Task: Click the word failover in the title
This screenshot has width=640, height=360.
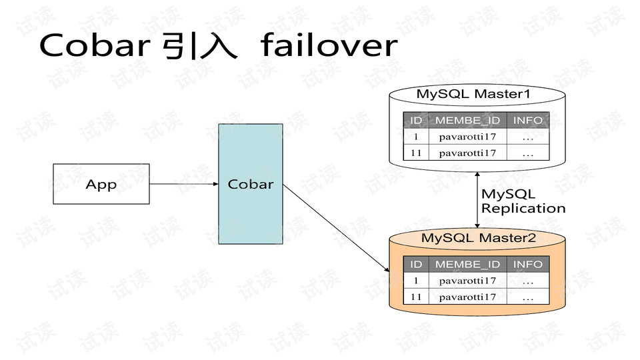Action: pos(329,45)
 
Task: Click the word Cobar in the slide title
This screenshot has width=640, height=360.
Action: pos(93,45)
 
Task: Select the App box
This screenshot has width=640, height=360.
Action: pos(101,184)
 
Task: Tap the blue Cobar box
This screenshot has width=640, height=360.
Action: pos(251,184)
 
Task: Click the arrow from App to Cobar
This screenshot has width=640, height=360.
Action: pos(184,184)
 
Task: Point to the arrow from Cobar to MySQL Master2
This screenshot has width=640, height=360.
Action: pos(336,227)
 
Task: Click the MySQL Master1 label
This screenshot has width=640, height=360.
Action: pos(473,94)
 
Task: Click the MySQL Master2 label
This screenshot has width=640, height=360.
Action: pos(478,238)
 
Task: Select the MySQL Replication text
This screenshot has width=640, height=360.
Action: pos(523,201)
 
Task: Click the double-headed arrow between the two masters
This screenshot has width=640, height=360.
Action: pos(477,199)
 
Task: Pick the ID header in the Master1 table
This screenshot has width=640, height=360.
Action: pos(416,120)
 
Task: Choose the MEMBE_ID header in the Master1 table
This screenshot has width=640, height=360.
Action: pos(467,120)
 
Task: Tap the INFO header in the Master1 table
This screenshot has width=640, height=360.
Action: pos(528,120)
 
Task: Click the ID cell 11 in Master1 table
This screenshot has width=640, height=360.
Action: pos(416,153)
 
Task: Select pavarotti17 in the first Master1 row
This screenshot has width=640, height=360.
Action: pos(467,137)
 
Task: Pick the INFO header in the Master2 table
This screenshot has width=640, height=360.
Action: pos(528,265)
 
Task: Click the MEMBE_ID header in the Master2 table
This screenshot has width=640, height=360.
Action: pos(467,265)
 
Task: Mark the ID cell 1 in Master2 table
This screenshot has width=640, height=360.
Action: pos(416,281)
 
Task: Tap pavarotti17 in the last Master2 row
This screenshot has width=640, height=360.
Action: pos(467,297)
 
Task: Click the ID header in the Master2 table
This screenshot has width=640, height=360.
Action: pos(416,265)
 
